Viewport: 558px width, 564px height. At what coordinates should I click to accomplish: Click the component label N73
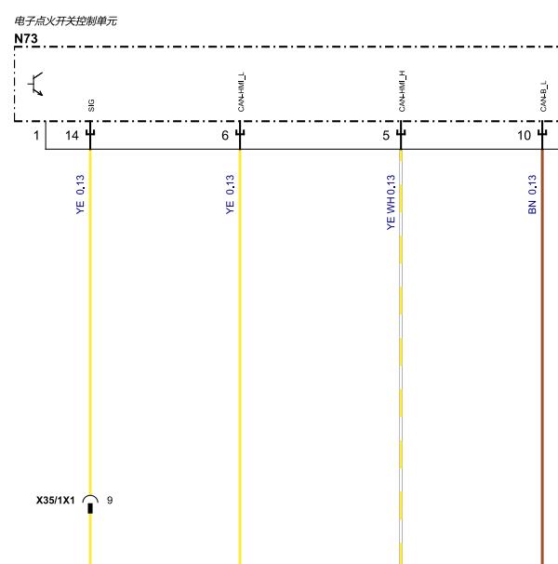click(26, 38)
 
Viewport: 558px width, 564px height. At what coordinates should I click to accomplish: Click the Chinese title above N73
click(65, 20)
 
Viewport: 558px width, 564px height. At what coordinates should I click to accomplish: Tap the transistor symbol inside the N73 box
click(35, 84)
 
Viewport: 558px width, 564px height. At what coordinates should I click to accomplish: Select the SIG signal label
click(91, 105)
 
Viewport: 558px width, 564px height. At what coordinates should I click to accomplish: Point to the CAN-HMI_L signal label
click(241, 92)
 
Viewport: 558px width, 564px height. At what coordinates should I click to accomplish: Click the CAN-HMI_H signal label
click(402, 91)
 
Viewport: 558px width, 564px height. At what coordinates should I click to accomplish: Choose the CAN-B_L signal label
click(543, 97)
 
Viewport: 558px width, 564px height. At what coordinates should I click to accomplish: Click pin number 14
click(72, 136)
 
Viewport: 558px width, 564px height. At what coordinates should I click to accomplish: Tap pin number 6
click(225, 136)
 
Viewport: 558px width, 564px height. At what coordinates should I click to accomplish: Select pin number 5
click(386, 136)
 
